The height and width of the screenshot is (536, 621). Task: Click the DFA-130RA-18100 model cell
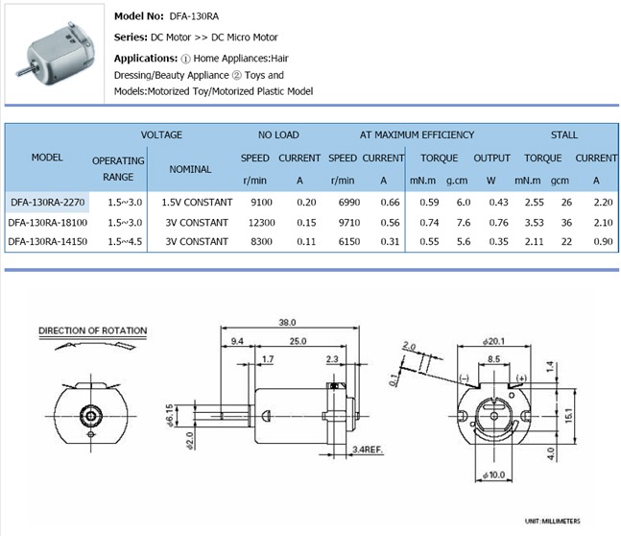tap(48, 222)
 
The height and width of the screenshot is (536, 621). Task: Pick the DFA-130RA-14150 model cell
tap(48, 241)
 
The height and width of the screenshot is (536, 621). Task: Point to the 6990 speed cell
tap(343, 203)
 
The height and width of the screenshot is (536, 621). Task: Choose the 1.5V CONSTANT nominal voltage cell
tap(196, 203)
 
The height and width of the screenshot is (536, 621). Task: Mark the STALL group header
tap(564, 135)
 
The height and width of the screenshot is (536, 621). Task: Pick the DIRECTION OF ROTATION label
tap(92, 331)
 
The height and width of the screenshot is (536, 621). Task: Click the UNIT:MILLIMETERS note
tap(552, 522)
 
